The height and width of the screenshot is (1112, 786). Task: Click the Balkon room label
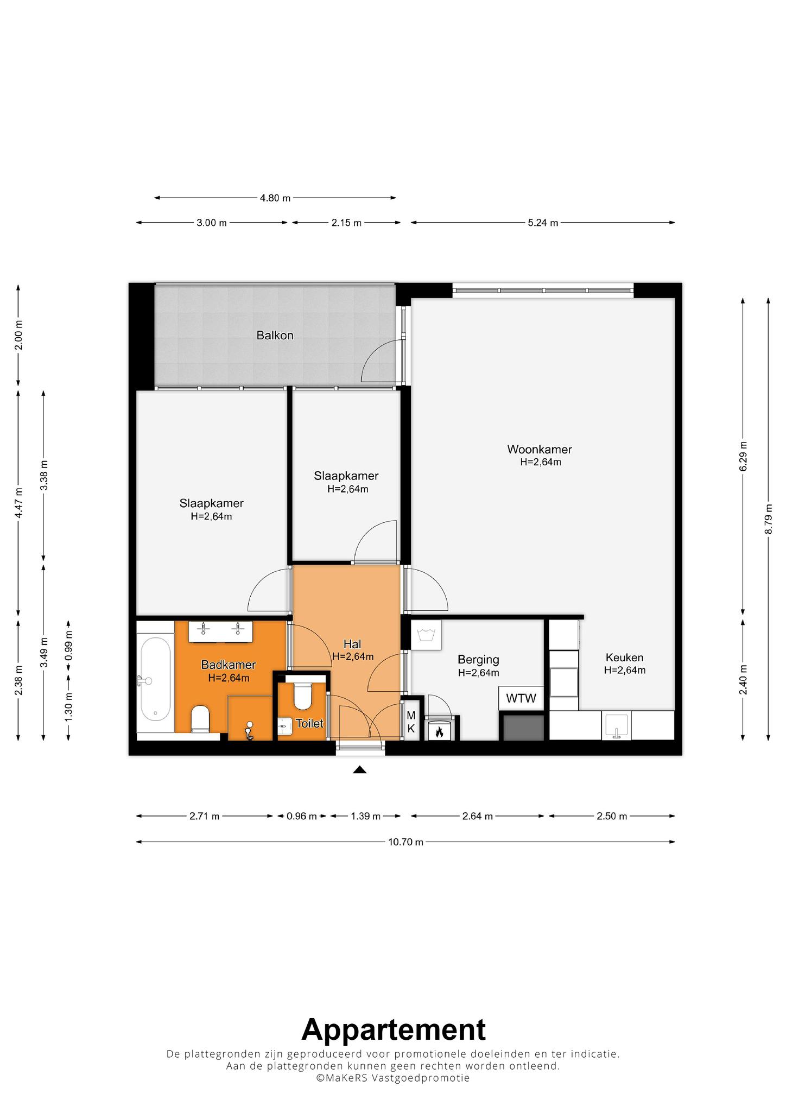coord(275,336)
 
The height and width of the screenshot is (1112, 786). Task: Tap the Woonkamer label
coord(540,450)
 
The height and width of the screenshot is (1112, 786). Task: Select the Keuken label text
coord(625,658)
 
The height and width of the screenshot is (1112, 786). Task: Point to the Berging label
coord(478,660)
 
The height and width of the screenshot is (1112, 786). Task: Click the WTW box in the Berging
coord(521,698)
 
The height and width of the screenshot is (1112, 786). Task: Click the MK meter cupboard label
coord(411,723)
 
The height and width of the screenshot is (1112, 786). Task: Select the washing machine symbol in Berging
coord(426,635)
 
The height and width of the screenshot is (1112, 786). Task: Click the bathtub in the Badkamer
coord(155,680)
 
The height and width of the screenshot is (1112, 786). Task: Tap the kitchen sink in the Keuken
coord(616,726)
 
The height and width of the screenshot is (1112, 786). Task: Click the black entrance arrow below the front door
coord(359,769)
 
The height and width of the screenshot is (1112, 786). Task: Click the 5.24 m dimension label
coord(543,223)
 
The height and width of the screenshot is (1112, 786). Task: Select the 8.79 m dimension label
coord(768,519)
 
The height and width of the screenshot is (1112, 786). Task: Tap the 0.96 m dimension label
coord(301,816)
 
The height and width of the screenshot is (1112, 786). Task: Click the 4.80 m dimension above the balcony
coord(275,198)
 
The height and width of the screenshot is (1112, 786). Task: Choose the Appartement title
coord(393,1029)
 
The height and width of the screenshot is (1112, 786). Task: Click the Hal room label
coord(352,644)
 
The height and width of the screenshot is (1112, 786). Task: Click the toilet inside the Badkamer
coord(200,719)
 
